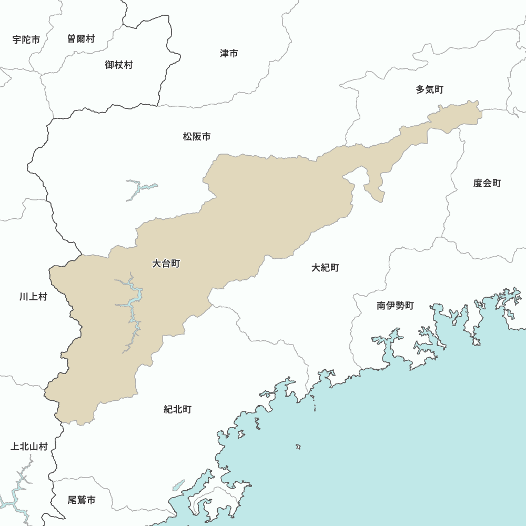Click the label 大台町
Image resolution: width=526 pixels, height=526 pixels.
(166, 264)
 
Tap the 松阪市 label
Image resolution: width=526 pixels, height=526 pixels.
(197, 137)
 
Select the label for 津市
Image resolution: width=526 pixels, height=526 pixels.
(229, 53)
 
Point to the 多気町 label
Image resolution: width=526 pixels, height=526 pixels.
(430, 89)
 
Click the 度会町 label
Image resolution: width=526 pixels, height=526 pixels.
(487, 183)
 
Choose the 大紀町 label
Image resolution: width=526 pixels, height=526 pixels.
(325, 268)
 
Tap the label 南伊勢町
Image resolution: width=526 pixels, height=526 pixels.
(396, 306)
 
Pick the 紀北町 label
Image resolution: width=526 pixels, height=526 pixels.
(178, 409)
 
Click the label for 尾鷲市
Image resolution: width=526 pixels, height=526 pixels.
(82, 500)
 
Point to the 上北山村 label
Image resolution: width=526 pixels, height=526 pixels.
(29, 447)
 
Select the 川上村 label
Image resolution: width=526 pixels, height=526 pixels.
(33, 297)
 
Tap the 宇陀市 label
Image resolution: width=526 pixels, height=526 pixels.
(26, 39)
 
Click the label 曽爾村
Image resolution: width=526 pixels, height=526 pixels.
(81, 39)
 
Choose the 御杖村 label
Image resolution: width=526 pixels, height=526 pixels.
(119, 65)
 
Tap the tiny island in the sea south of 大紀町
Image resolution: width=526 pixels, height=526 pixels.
(298, 447)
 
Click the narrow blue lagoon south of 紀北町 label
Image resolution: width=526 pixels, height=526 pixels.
(179, 484)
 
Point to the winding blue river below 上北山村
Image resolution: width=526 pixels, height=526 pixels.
(16, 494)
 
